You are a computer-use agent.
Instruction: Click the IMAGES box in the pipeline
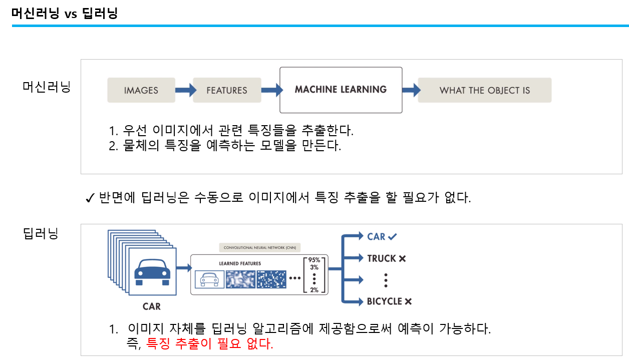(x=141, y=90)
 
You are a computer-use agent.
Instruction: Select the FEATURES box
(x=227, y=90)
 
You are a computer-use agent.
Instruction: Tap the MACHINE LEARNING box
(x=341, y=90)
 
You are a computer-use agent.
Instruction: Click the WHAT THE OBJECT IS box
(x=484, y=90)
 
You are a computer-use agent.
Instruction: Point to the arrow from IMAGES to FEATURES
(x=184, y=90)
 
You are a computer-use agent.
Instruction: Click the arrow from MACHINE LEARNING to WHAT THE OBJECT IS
(x=410, y=90)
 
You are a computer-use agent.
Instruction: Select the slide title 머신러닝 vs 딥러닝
(x=65, y=14)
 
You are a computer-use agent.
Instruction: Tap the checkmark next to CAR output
(x=393, y=236)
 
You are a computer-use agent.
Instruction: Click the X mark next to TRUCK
(x=402, y=258)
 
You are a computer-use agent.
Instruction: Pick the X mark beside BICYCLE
(x=408, y=301)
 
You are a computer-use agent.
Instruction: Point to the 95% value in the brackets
(x=314, y=260)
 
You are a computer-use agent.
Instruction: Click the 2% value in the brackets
(x=314, y=290)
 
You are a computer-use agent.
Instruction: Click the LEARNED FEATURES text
(x=240, y=263)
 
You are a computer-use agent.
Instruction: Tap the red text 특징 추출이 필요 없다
(x=210, y=344)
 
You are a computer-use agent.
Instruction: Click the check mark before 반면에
(x=90, y=198)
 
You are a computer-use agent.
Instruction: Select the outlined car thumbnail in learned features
(x=209, y=279)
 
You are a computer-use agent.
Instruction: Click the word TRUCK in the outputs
(x=382, y=258)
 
